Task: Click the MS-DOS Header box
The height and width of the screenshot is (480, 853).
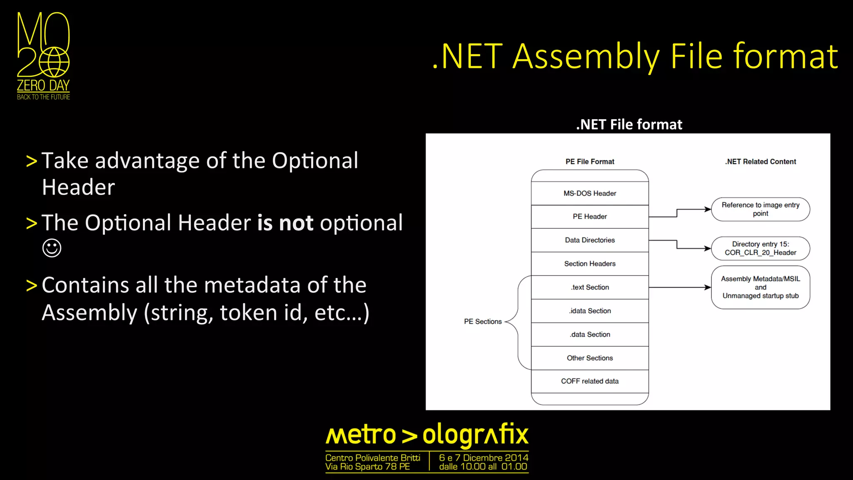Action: click(590, 193)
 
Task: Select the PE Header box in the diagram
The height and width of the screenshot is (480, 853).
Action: click(590, 217)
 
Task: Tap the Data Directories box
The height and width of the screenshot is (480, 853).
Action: click(590, 240)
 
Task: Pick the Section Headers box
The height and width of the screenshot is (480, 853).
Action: click(590, 264)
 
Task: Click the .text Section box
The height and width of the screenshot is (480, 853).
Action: click(590, 287)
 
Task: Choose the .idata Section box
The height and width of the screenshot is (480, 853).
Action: click(590, 311)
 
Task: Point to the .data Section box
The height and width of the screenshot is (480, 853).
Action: click(590, 334)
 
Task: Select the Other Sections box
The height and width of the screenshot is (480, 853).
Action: click(590, 358)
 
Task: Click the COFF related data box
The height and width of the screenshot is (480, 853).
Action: click(590, 381)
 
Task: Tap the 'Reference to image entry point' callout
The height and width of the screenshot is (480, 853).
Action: click(761, 209)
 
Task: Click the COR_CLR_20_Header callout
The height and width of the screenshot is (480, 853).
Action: click(761, 248)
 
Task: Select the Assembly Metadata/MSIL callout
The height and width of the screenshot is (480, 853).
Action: click(761, 287)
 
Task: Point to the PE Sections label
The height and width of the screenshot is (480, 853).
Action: click(483, 322)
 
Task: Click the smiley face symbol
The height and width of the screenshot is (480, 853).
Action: click(52, 248)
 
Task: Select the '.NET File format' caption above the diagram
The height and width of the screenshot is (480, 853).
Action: click(629, 125)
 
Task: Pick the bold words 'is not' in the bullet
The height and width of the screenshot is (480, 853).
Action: click(285, 223)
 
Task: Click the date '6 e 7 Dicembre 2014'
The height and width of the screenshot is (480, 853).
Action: click(483, 457)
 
